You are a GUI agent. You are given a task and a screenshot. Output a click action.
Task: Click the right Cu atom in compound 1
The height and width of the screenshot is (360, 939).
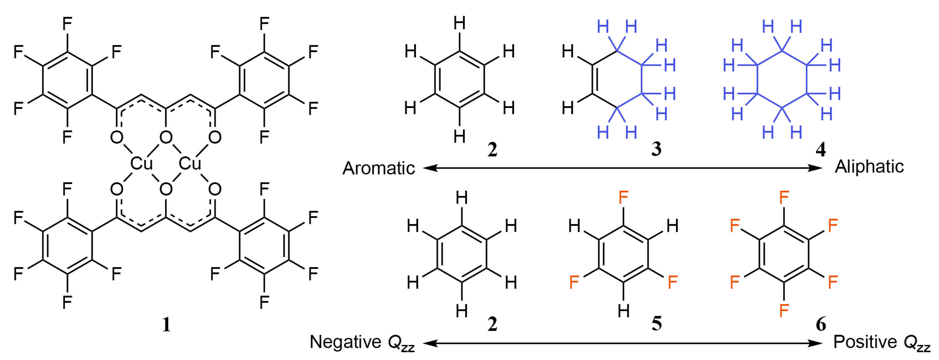point(190,164)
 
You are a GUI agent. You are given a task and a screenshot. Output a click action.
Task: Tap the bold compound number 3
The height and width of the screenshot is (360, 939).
point(656,149)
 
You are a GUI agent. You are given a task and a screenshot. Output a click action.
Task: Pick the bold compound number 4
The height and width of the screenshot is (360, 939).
point(821,149)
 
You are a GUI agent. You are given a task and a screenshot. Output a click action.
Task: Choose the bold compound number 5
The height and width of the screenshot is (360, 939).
point(656,323)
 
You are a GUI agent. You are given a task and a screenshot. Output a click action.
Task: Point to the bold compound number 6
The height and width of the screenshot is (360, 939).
point(821,324)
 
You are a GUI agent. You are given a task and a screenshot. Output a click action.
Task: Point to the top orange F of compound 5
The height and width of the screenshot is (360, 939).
point(623,198)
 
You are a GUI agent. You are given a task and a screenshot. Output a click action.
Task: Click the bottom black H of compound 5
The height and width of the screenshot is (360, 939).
point(623,311)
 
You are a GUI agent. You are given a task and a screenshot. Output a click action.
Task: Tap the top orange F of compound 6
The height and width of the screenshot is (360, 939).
point(784,198)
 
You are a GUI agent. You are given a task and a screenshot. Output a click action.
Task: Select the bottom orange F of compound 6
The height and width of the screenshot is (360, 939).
point(784,311)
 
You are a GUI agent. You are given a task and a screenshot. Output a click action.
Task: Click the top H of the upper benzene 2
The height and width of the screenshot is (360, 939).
point(459,23)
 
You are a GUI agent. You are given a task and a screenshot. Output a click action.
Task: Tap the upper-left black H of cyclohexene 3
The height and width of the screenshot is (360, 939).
point(568,52)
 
